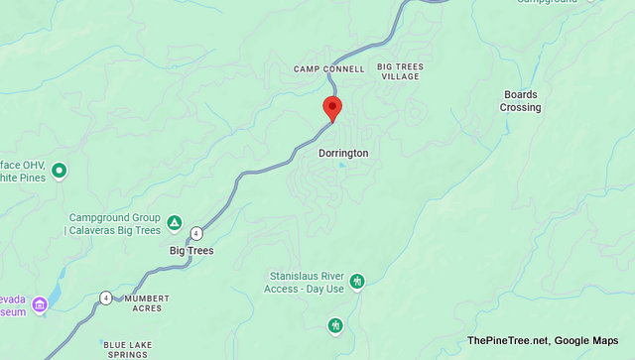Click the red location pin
332,108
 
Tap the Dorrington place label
343,154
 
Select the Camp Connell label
329,69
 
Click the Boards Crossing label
520,101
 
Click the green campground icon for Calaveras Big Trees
175,222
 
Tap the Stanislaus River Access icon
357,281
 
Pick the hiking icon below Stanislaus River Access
335,325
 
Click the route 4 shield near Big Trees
196,233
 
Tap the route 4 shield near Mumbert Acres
105,298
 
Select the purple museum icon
40,302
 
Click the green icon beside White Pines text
59,171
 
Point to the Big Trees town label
191,251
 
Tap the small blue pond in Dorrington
342,165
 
